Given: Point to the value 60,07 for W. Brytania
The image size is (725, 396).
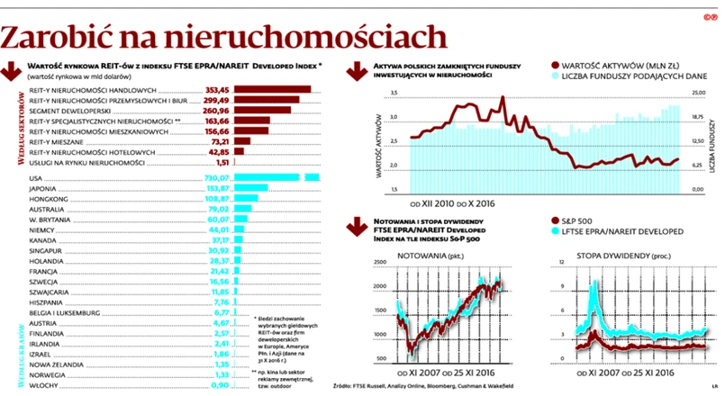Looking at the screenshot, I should (x=221, y=219).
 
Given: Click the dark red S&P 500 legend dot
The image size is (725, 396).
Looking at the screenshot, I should (x=553, y=221).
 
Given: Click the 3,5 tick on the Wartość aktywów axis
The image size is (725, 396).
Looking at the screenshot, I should (x=394, y=94).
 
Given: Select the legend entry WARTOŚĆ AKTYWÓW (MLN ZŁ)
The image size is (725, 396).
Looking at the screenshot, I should (x=619, y=66).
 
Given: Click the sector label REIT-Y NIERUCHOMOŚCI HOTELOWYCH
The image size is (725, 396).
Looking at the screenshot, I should (x=100, y=152).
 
